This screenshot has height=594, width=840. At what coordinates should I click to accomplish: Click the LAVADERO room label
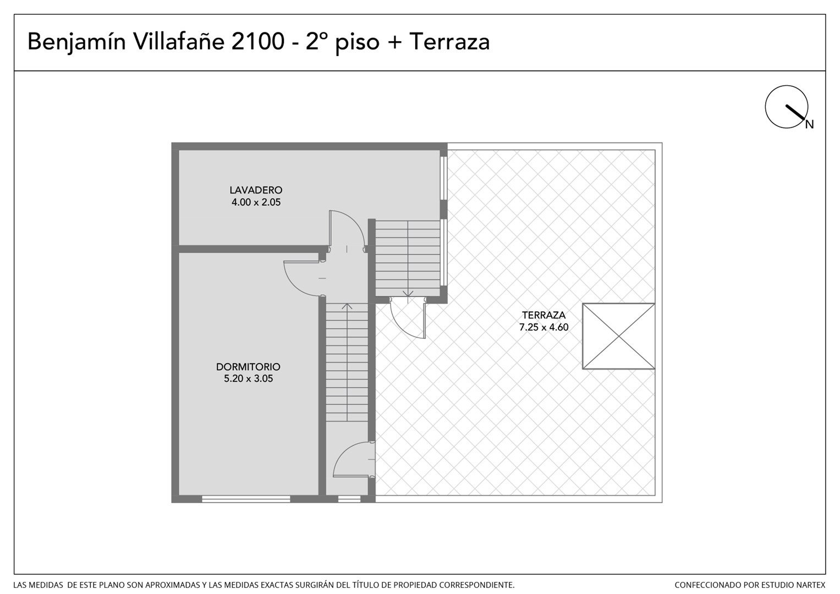[256, 190]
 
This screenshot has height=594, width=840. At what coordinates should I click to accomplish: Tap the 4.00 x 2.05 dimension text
[256, 202]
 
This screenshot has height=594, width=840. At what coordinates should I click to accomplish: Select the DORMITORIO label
[248, 367]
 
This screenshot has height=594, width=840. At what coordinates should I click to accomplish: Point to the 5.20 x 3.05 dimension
[248, 379]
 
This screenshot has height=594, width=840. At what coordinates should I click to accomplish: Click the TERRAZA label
[543, 315]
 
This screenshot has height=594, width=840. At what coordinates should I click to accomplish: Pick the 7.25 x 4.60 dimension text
[543, 327]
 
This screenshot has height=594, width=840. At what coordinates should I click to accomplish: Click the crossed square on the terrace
[619, 337]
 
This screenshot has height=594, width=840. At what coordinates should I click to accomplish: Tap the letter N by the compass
[809, 124]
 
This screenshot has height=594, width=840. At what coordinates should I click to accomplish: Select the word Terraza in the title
[449, 41]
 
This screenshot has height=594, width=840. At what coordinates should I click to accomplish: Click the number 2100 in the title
[257, 41]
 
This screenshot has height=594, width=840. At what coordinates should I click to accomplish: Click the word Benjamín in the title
[76, 42]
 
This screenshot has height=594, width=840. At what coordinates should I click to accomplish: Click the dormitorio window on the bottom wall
[246, 499]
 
